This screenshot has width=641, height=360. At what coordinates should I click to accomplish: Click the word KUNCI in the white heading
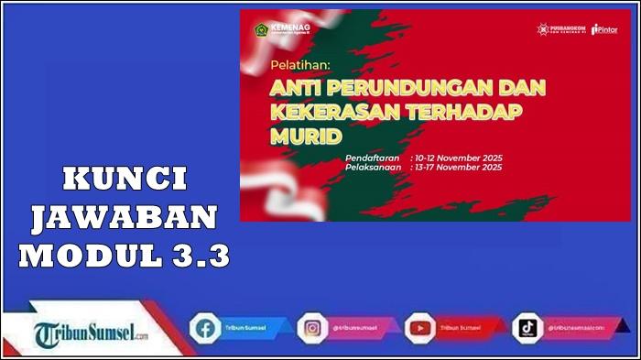(x=124, y=179)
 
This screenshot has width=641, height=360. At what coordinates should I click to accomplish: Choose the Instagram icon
(x=311, y=327)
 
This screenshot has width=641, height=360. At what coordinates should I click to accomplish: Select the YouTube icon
(x=420, y=327)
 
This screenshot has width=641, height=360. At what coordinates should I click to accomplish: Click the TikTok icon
(x=528, y=327)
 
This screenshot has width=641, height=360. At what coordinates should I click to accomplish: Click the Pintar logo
(x=605, y=29)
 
